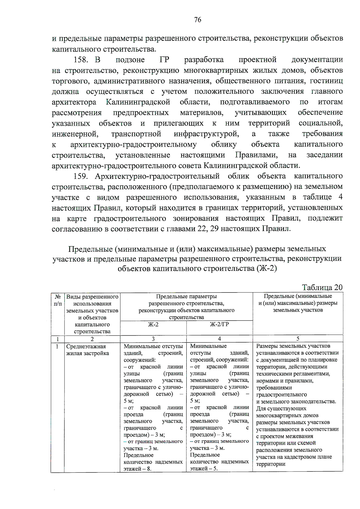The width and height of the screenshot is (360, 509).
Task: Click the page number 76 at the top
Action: [x=198, y=20]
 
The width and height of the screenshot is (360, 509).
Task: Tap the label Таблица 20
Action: [x=322, y=287]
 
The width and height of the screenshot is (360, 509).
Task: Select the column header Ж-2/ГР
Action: [x=219, y=324]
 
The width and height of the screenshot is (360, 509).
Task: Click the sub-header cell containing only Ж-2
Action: [x=153, y=324]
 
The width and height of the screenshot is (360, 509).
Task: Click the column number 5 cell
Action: [x=298, y=339]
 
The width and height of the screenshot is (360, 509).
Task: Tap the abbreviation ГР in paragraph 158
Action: [x=164, y=60]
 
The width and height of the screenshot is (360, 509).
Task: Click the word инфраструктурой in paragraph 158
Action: [x=206, y=133]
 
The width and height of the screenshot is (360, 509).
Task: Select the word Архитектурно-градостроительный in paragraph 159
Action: [x=157, y=176]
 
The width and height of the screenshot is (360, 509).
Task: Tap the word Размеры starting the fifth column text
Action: [x=266, y=346]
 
